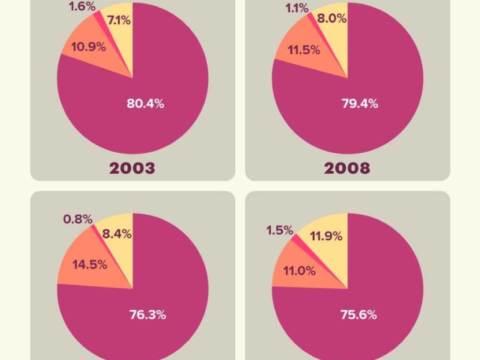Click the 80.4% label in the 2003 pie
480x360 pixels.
(x=146, y=104)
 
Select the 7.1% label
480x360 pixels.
(x=118, y=21)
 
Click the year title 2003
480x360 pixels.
(x=132, y=168)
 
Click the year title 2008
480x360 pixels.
(x=347, y=168)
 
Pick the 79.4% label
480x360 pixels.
(x=359, y=104)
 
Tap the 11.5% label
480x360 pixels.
(x=304, y=50)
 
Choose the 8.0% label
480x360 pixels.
(x=333, y=19)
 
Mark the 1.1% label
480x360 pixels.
(x=297, y=8)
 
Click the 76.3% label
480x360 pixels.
(x=147, y=315)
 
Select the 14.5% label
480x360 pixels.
(x=90, y=265)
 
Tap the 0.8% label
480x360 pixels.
(x=78, y=219)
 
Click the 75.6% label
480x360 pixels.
(x=359, y=315)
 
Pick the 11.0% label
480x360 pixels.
(x=300, y=270)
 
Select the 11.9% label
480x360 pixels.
(x=326, y=236)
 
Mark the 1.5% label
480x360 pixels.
(x=280, y=230)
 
